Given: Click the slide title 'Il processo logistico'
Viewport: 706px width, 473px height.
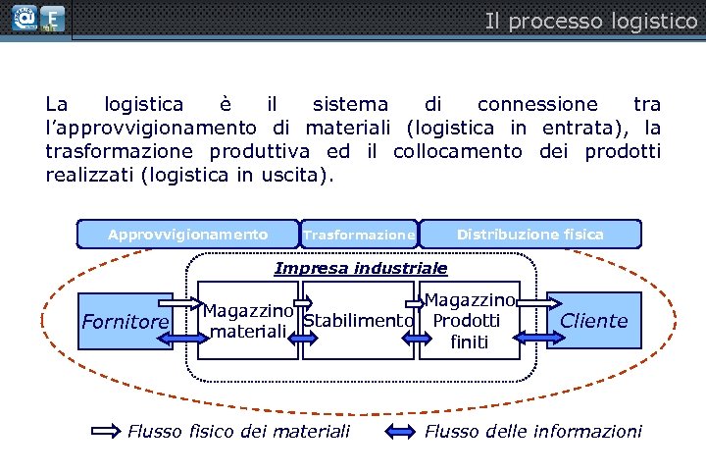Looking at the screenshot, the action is [590, 21].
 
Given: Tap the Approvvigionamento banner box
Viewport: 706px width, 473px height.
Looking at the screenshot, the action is [187, 235].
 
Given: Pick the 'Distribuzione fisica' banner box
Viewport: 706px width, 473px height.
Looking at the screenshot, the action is [530, 235].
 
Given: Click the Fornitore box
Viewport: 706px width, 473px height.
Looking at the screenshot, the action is [126, 321].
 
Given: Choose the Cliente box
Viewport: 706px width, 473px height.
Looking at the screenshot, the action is [593, 320].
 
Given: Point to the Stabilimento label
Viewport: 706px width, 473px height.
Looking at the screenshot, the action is [357, 321].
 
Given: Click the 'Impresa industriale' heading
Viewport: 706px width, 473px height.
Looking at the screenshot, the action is [360, 268].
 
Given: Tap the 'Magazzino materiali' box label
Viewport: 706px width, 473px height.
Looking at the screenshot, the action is [248, 321].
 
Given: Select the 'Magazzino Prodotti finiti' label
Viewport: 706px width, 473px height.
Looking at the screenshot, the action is [470, 321].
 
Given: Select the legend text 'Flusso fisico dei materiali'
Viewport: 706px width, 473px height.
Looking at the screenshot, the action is [238, 431].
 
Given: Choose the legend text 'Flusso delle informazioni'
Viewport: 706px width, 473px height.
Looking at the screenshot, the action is [532, 431].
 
